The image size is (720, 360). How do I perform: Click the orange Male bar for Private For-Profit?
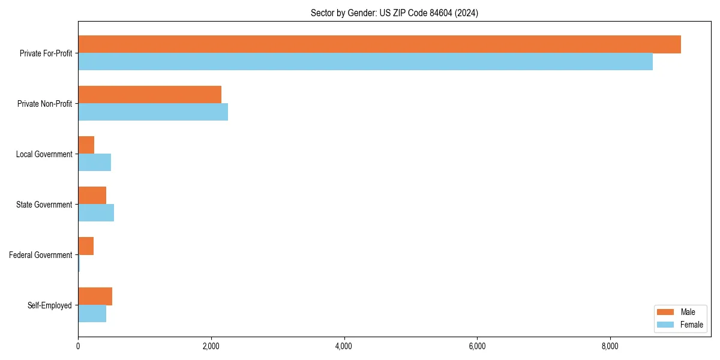point(379,44)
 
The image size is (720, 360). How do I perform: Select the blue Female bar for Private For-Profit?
point(365,62)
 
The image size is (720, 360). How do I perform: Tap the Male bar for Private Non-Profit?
point(149,95)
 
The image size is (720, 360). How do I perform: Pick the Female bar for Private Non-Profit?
point(153,112)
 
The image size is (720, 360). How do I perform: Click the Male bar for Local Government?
point(86,145)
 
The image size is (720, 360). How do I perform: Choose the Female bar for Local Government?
point(94,163)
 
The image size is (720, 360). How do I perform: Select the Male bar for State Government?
point(92,196)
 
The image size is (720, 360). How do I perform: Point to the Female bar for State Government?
point(96,213)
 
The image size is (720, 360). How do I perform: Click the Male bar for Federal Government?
point(86,246)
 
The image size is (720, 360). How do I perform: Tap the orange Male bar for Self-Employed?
point(95,296)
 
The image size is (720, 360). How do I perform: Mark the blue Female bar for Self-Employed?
point(92,314)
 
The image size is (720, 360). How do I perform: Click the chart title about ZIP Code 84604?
point(394,13)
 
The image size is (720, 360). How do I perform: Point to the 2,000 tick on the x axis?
point(211,347)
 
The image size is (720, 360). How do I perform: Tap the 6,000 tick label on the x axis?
point(476,347)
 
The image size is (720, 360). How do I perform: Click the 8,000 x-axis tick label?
point(610,347)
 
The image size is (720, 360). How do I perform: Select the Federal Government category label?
point(41,255)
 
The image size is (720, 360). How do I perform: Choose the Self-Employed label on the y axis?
point(50,305)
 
